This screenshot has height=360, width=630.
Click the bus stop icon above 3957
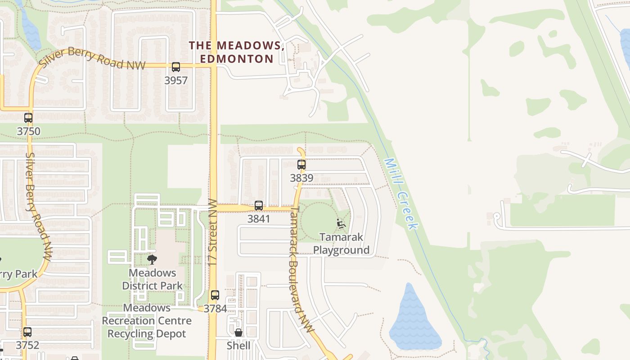175,67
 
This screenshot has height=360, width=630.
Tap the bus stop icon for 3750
28,118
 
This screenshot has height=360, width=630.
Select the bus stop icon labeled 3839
301,165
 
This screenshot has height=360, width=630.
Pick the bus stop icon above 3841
259,206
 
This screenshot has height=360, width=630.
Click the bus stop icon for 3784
215,295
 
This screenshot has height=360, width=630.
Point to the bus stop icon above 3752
27,332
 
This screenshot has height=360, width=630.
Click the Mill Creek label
401,194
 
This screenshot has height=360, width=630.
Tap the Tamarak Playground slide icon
341,223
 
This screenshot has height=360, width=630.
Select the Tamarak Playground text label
341,243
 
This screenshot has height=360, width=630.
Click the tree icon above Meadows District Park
152,259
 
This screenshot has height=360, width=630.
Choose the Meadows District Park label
153,279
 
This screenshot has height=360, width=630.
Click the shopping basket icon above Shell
238,333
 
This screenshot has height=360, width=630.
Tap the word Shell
238,346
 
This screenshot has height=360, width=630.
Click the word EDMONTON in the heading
237,59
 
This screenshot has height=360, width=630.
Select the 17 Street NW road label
213,232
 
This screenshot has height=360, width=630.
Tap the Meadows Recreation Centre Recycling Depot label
147,321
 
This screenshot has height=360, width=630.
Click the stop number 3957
176,81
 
